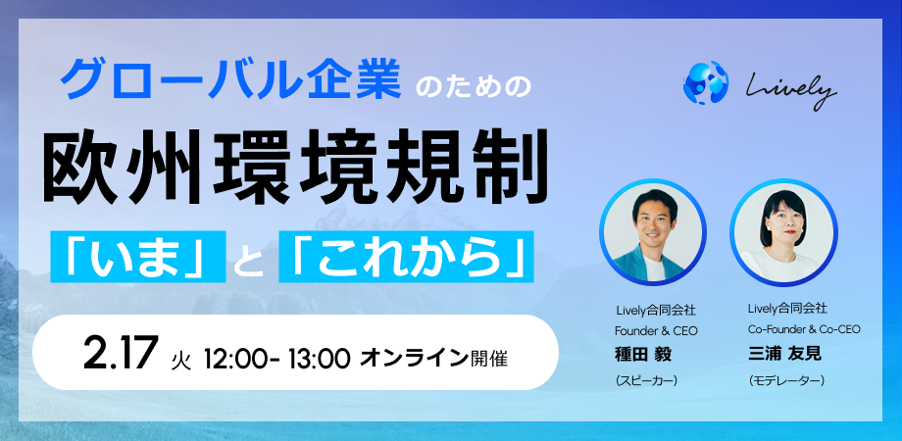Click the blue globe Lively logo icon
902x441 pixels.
tap(705, 82)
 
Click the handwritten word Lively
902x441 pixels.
tap(792, 90)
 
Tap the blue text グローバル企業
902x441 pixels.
tap(230, 82)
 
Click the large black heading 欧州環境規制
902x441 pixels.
tap(294, 167)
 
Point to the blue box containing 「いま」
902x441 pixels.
tap(138, 257)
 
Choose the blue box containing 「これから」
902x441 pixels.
tap(406, 257)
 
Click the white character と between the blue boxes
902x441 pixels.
tap(253, 259)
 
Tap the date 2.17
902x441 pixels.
tap(121, 354)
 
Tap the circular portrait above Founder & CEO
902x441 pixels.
tap(653, 233)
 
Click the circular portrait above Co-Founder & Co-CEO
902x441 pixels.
tap(783, 233)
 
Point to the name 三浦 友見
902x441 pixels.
tap(784, 354)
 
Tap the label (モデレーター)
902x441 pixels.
tap(786, 380)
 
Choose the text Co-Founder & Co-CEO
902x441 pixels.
tap(804, 329)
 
